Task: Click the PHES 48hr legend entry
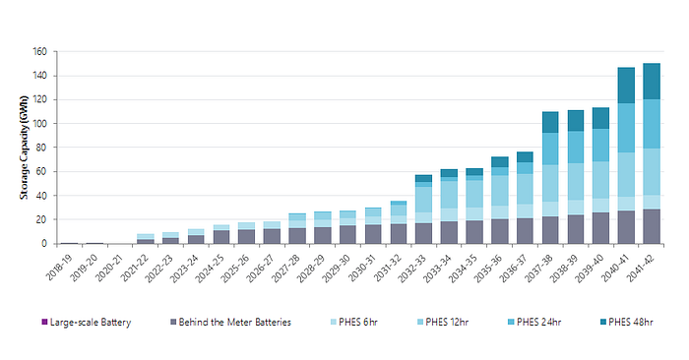coord(627,322)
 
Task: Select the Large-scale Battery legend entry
coord(87,322)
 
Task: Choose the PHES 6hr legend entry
coord(353,322)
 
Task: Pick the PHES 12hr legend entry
coord(443,322)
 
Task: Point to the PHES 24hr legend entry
coord(534,322)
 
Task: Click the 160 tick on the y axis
coord(39,52)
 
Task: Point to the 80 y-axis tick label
coord(41,148)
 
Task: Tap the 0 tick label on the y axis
coord(44,244)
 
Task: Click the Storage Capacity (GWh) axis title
coord(24,148)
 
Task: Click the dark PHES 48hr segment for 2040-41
coord(626,86)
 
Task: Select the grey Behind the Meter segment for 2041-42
coord(652,226)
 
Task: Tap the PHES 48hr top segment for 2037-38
coord(550,122)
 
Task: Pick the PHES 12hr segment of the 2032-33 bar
coord(423,200)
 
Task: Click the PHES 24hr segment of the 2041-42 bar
coord(652,124)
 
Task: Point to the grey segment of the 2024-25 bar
coord(221,237)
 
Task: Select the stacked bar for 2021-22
coord(146,239)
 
